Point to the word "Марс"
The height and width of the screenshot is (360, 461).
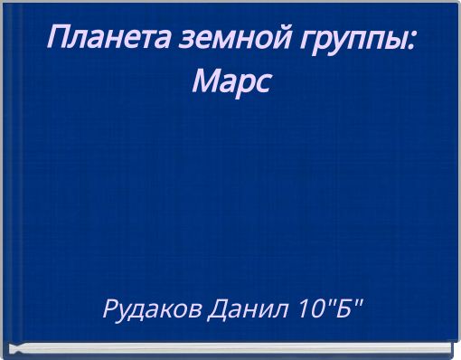pyautogui.click(x=231, y=83)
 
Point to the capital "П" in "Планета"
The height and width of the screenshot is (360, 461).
pyautogui.click(x=58, y=38)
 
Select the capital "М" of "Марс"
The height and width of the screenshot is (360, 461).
pyautogui.click(x=205, y=82)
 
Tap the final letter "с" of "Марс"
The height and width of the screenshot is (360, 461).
pyautogui.click(x=262, y=85)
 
